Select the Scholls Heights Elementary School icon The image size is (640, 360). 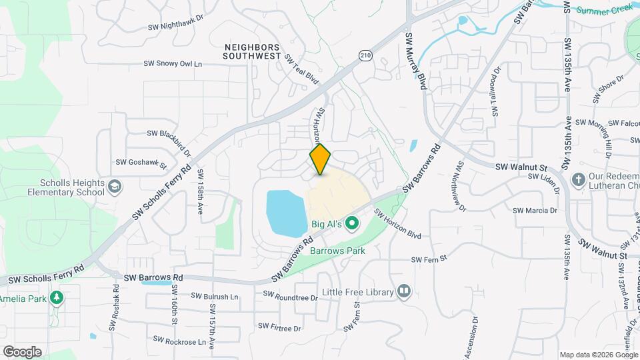click(x=115, y=186)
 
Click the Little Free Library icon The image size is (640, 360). click(x=403, y=291)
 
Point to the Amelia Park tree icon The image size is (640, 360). click(x=57, y=298)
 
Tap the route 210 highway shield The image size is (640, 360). click(x=364, y=55)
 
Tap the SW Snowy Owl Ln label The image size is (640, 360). click(x=173, y=63)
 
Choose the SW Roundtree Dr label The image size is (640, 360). click(x=291, y=295)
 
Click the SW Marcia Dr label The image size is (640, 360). click(x=535, y=210)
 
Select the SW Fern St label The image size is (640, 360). click(x=427, y=259)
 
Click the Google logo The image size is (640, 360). click(x=22, y=351)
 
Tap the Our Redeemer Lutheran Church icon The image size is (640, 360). click(x=578, y=180)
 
